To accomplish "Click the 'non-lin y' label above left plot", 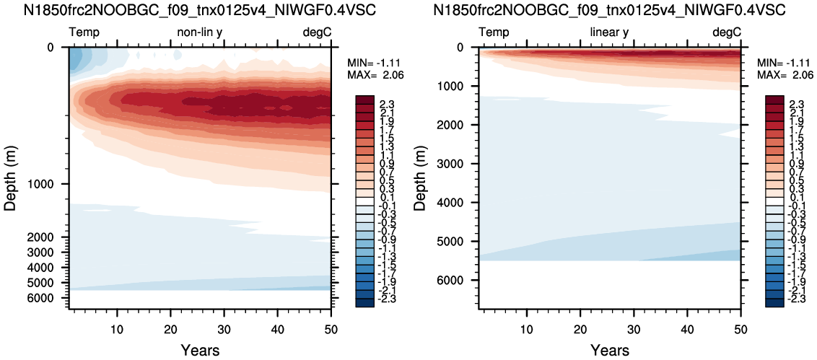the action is (x=200, y=32).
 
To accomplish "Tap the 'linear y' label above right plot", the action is (x=610, y=32).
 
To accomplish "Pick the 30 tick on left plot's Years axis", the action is (x=224, y=330).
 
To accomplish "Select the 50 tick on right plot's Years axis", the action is (x=740, y=330).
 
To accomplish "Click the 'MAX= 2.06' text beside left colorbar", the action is (x=376, y=75).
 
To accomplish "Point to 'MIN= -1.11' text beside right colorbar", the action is (x=785, y=63).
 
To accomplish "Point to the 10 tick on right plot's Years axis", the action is (x=527, y=330).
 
